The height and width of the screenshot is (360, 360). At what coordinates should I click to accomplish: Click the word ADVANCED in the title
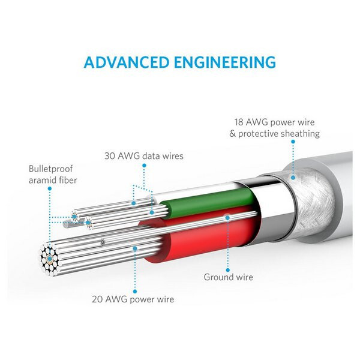126,62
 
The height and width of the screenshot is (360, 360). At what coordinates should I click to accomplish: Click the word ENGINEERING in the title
225,62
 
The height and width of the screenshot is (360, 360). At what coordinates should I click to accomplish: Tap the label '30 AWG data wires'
144,156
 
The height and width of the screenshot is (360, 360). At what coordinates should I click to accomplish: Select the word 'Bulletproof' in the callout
50,169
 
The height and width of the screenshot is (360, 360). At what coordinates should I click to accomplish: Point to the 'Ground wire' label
228,277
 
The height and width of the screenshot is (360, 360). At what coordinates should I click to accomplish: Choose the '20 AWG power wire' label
133,299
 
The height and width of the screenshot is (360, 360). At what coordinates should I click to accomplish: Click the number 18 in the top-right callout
239,122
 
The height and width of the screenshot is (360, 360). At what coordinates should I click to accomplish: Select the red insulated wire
200,239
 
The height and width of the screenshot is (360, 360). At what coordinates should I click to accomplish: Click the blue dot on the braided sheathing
293,178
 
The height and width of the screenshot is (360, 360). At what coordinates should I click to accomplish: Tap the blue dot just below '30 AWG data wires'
144,166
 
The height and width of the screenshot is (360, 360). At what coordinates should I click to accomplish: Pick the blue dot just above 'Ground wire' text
228,270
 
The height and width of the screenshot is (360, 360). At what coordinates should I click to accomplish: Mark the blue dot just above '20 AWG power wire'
135,292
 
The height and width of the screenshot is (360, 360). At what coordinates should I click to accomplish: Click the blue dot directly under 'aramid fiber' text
50,188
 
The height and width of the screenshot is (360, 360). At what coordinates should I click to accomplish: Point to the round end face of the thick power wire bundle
50,259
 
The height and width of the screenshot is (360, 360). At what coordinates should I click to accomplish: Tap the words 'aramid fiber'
53,180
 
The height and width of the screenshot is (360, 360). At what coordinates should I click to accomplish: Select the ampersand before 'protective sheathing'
232,134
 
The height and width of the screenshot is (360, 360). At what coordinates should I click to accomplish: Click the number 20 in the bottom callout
97,299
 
